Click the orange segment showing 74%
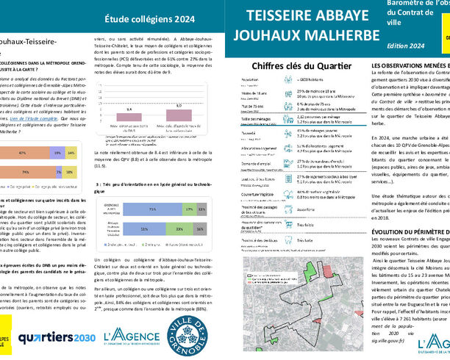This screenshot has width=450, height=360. pos(26,171)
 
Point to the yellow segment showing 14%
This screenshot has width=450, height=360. pos(71,153)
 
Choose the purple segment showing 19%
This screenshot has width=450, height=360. pos(57,153)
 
